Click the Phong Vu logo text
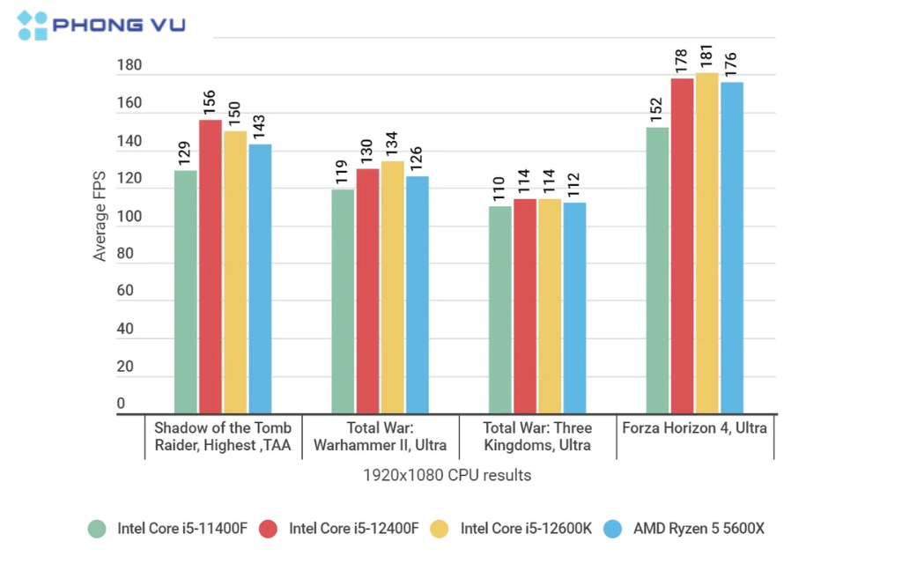pyautogui.click(x=119, y=25)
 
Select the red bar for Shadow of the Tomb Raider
pyautogui.click(x=211, y=264)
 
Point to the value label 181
pyautogui.click(x=706, y=56)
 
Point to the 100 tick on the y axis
pyautogui.click(x=128, y=216)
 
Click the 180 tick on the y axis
pyautogui.click(x=128, y=66)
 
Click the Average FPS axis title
pyautogui.click(x=100, y=216)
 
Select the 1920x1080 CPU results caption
pyautogui.click(x=447, y=475)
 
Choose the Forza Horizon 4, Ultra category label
pyautogui.click(x=694, y=428)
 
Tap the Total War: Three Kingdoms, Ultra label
pyautogui.click(x=537, y=436)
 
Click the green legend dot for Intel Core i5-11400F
pyautogui.click(x=97, y=529)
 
